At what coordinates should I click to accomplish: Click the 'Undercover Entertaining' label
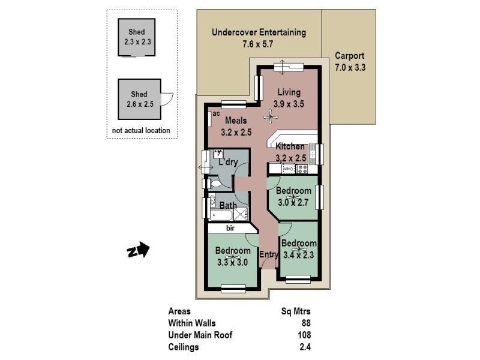(259, 32)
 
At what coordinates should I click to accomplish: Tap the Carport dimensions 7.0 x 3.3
(350, 68)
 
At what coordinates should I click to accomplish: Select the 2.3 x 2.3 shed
(136, 37)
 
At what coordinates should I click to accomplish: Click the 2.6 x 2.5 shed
(140, 99)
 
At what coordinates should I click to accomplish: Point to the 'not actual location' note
(141, 130)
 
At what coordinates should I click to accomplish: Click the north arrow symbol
(138, 250)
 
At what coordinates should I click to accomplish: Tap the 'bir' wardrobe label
(230, 229)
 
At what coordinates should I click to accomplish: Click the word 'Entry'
(268, 255)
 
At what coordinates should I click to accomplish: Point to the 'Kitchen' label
(290, 146)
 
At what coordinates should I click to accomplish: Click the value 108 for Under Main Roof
(303, 335)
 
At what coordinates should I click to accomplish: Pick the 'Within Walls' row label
(192, 323)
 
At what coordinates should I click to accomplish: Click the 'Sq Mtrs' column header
(296, 311)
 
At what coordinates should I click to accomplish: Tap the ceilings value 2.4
(305, 347)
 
